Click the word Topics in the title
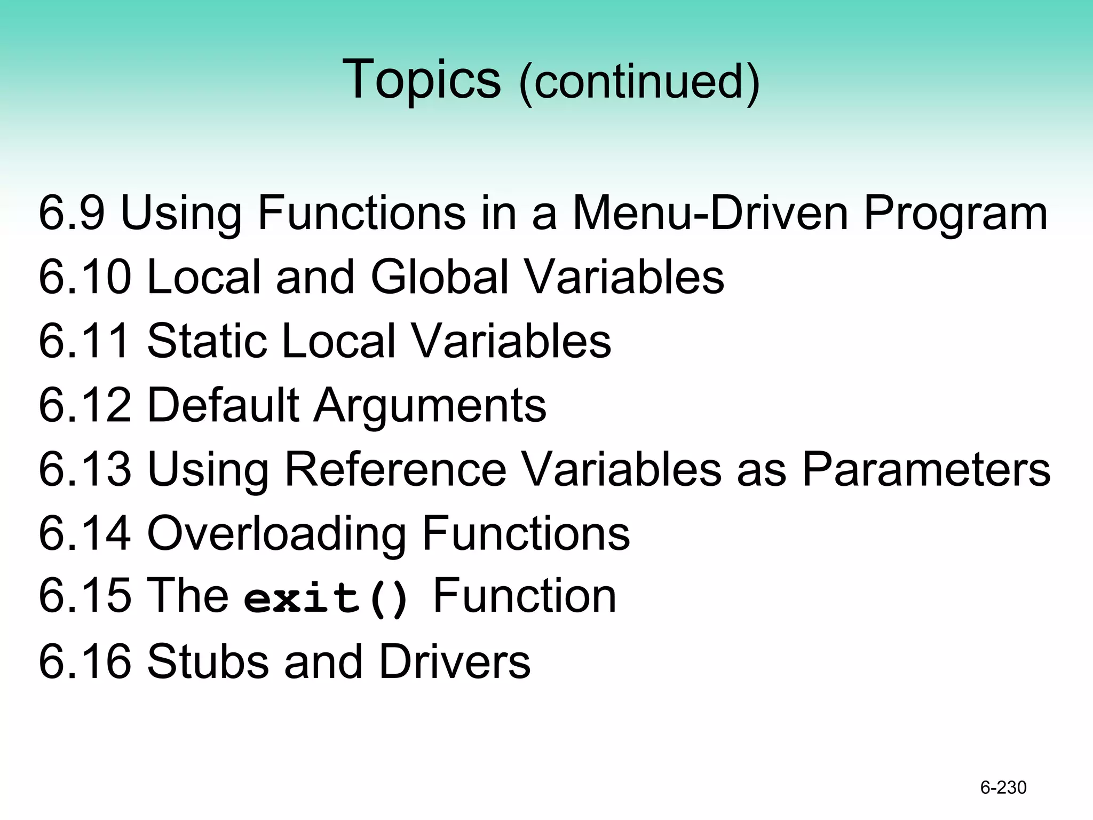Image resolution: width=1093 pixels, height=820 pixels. coord(421,80)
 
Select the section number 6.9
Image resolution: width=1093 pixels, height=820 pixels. coord(72,213)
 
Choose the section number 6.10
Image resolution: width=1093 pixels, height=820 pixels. coord(85,277)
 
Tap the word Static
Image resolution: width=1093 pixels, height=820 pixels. coord(207,341)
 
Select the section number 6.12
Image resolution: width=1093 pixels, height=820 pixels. coord(85,405)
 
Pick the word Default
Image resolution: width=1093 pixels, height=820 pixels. coord(223,405)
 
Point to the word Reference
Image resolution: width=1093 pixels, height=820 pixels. coord(395,469)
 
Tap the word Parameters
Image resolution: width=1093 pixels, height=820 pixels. coord(926,469)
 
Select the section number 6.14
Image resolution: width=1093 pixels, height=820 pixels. coord(85,533)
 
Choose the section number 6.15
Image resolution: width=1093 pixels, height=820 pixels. coord(85,596)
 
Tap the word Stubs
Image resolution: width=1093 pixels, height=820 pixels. coord(208,661)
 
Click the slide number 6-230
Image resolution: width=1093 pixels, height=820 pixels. coord(1003,787)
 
